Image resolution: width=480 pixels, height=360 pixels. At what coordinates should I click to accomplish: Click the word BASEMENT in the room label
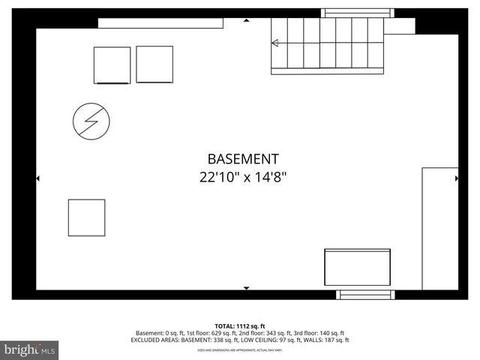click(243, 159)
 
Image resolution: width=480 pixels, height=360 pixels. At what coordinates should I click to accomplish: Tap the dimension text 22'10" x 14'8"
click(243, 178)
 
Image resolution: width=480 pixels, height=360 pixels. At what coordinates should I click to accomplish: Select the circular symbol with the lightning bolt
click(91, 121)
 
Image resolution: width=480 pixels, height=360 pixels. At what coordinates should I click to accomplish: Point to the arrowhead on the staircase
click(274, 43)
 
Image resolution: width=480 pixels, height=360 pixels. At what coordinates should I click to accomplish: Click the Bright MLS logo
click(30, 349)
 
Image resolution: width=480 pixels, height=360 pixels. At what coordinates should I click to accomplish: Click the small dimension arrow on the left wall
click(37, 178)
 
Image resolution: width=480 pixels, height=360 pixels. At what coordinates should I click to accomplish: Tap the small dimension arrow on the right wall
click(457, 178)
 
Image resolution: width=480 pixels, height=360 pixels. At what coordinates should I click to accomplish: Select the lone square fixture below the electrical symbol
click(86, 217)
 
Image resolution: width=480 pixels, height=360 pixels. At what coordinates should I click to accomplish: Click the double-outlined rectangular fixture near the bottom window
click(357, 266)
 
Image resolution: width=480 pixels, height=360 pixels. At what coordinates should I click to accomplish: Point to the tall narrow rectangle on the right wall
click(439, 228)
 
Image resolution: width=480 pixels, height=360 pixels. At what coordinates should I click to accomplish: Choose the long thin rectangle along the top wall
click(160, 23)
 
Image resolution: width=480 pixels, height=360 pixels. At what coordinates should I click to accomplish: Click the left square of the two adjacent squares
click(112, 65)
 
